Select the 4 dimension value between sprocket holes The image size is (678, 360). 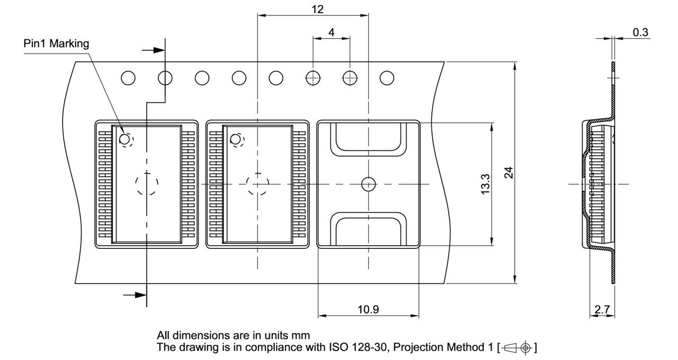pyautogui.click(x=332, y=32)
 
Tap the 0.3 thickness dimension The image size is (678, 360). pyautogui.click(x=640, y=32)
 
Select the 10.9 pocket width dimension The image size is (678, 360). pyautogui.click(x=368, y=310)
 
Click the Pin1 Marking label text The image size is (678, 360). pyautogui.click(x=57, y=43)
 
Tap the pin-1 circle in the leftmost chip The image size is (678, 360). pyautogui.click(x=125, y=139)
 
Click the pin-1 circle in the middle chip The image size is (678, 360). pyautogui.click(x=236, y=139)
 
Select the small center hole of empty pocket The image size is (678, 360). pyautogui.click(x=368, y=184)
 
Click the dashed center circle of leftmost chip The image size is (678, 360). pyautogui.click(x=147, y=184)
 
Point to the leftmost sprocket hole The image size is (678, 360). pyautogui.click(x=128, y=78)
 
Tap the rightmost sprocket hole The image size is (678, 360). pyautogui.click(x=387, y=78)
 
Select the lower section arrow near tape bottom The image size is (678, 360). pyautogui.click(x=135, y=295)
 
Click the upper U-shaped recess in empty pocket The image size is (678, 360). pyautogui.click(x=368, y=139)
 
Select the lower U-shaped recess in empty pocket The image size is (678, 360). pyautogui.click(x=368, y=229)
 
